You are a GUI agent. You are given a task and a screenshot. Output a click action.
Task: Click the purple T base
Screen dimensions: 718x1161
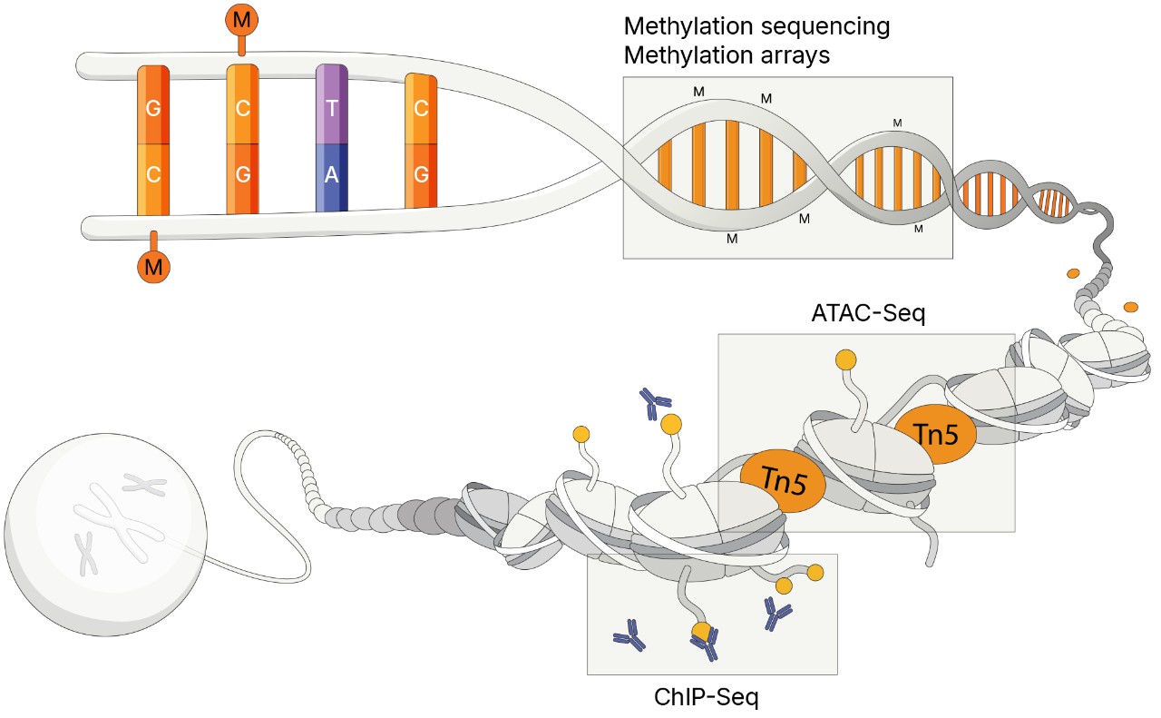pyautogui.click(x=331, y=108)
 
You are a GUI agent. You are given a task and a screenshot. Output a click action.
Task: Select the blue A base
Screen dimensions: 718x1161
pyautogui.click(x=331, y=176)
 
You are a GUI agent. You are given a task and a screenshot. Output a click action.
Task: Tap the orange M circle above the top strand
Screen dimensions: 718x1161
pyautogui.click(x=240, y=18)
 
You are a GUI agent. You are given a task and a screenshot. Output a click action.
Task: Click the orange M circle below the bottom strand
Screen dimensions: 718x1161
pyautogui.click(x=153, y=266)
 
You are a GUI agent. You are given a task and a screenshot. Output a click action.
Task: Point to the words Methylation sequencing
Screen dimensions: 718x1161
pyautogui.click(x=756, y=26)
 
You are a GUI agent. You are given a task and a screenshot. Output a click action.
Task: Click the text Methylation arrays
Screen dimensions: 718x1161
pyautogui.click(x=727, y=54)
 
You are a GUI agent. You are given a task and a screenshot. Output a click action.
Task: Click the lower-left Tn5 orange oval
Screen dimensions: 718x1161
pyautogui.click(x=782, y=481)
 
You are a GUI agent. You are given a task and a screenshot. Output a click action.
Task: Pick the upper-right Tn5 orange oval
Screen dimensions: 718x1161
pyautogui.click(x=935, y=435)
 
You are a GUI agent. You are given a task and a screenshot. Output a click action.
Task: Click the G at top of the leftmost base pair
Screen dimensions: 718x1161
pyautogui.click(x=152, y=108)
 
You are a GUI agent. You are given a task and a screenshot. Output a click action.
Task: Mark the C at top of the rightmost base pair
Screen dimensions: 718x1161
pyautogui.click(x=421, y=108)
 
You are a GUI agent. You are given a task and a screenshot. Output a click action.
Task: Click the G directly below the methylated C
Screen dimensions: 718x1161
pyautogui.click(x=242, y=176)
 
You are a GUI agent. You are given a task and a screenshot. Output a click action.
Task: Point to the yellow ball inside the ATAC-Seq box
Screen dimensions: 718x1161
pyautogui.click(x=845, y=359)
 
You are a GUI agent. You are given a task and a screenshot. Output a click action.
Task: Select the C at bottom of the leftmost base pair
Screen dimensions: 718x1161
pyautogui.click(x=152, y=176)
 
